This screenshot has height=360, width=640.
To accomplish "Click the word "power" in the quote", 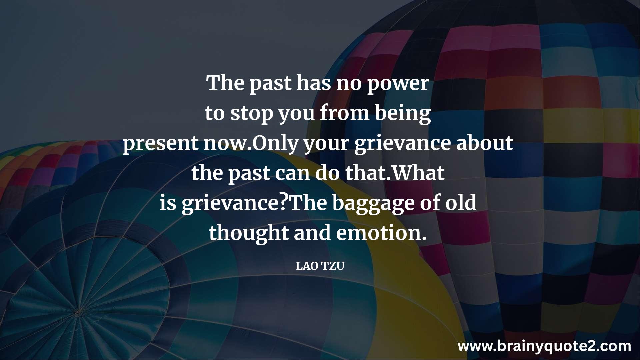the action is pos(398,84).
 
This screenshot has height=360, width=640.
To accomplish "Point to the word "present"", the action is pos(161,144).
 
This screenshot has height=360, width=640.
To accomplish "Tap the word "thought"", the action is pos(249,233).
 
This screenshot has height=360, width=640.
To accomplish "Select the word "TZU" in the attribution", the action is pos(333,266).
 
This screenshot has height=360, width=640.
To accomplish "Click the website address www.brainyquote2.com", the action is pos(544,346).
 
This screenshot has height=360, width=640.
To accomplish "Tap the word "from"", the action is pos(345,113).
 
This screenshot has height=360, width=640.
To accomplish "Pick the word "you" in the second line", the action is pos(296,115).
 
